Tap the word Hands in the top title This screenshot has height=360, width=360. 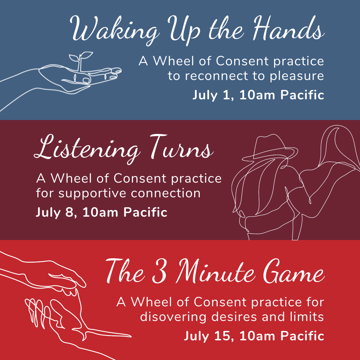click(289, 28)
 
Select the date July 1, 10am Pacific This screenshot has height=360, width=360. click(258, 95)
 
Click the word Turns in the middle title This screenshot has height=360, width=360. click(181, 147)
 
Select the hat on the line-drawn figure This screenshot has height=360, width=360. click(270, 148)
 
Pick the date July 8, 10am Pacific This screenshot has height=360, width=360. click(101, 212)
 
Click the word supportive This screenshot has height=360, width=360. click(93, 194)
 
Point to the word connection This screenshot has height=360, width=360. click(166, 193)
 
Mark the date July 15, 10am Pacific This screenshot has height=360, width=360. click(254, 336)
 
